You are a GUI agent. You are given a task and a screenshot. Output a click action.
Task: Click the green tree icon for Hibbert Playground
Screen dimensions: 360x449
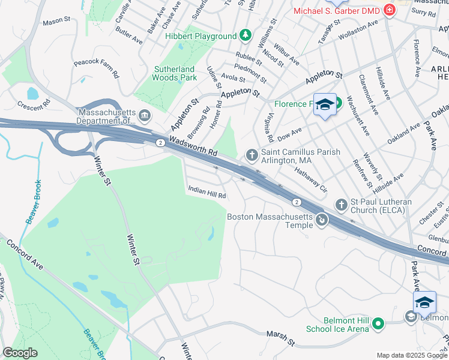(x=245, y=36)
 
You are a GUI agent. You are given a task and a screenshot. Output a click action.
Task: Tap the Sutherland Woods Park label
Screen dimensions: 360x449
(x=175, y=73)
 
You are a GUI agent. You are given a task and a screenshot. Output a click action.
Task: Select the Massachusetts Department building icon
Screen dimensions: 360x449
(x=144, y=115)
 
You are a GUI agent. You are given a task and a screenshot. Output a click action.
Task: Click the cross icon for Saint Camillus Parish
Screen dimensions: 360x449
(x=251, y=156)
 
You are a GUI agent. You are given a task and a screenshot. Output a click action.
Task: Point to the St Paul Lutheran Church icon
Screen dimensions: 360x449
(x=341, y=205)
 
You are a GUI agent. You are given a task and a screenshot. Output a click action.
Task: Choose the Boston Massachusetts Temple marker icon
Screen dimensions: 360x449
(x=322, y=220)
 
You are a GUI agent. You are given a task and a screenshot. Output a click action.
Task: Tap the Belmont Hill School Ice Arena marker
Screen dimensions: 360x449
(x=378, y=325)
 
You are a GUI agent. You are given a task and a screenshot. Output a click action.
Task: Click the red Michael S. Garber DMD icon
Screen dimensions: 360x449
(x=390, y=11)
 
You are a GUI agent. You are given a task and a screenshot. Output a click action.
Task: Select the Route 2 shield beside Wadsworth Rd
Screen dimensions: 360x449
(x=160, y=142)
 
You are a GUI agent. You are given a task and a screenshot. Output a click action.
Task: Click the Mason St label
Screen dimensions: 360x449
(x=56, y=22)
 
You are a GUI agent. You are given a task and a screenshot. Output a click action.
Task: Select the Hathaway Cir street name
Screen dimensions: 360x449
(x=310, y=179)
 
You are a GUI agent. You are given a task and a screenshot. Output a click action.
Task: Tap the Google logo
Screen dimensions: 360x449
(x=20, y=353)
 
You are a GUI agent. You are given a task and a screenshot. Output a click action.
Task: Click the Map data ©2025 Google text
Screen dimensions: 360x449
(x=412, y=355)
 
